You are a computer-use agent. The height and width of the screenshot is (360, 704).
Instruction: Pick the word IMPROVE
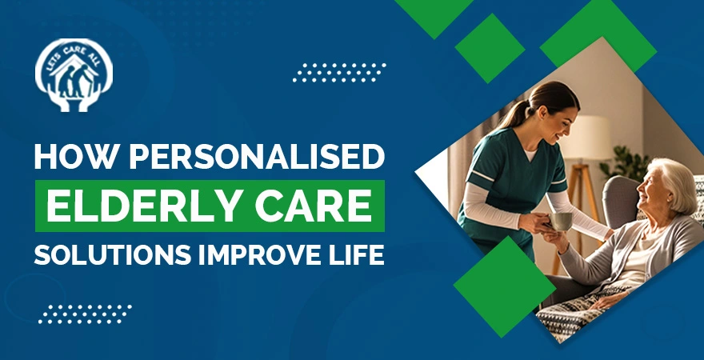[x=255, y=256]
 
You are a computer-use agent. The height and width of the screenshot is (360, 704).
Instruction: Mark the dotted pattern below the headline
[x=85, y=313]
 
